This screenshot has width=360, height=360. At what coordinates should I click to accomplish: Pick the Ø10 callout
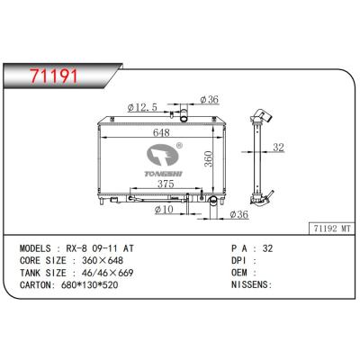164,211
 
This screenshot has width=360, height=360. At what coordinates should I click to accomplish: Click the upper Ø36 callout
210,99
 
